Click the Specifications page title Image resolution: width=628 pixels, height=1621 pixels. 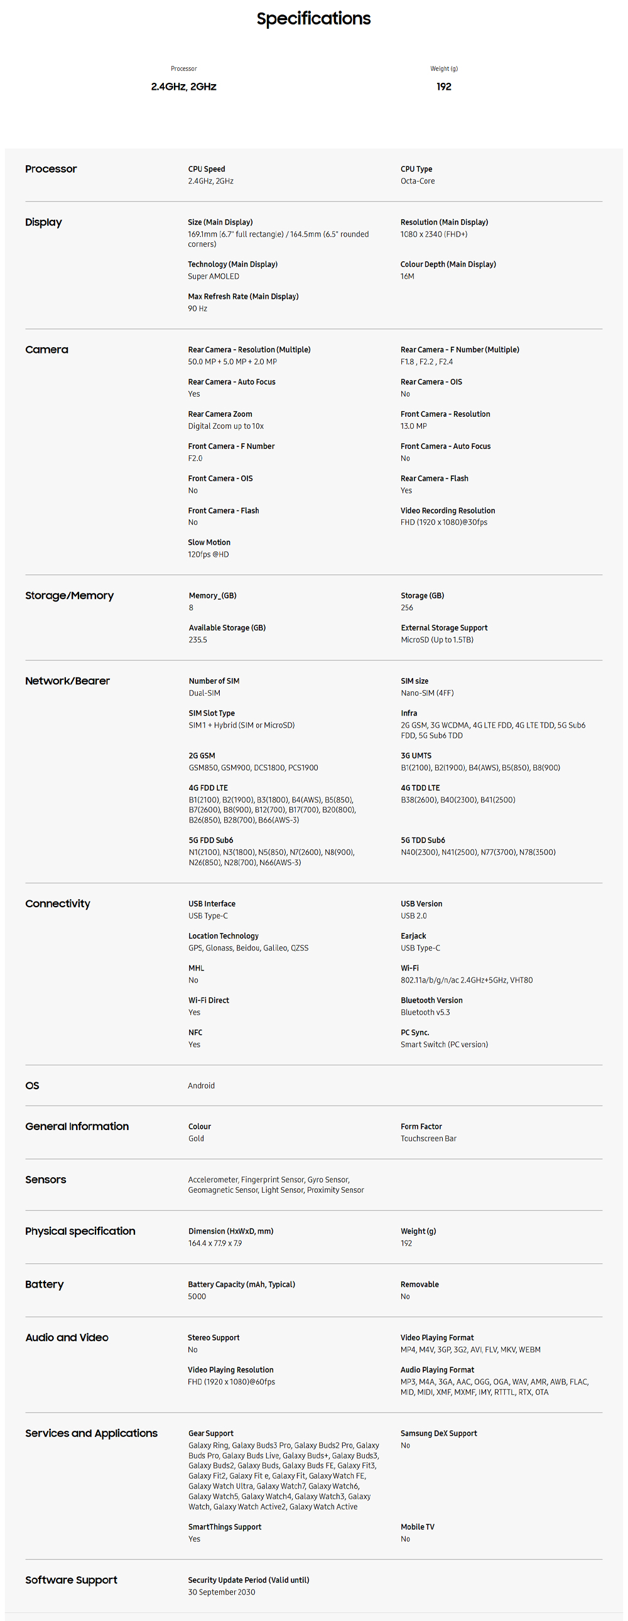313,19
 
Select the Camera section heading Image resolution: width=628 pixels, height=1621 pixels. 46,350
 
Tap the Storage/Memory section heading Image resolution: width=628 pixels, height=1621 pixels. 69,596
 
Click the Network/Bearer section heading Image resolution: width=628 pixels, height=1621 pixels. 67,681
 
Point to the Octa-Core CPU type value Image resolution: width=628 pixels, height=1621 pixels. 417,181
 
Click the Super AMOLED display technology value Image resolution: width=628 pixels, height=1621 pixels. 214,276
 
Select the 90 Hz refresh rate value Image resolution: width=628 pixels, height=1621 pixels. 197,308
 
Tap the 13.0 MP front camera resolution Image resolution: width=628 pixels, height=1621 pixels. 413,426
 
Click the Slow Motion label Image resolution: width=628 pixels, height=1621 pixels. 209,542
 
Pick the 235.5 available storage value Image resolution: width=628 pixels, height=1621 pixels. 198,640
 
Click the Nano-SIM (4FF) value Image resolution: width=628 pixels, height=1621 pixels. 426,693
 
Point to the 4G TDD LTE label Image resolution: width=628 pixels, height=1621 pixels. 420,788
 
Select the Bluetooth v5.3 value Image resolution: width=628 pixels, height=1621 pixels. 425,1013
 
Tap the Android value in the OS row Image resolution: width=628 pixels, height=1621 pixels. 201,1085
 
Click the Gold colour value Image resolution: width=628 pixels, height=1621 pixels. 196,1138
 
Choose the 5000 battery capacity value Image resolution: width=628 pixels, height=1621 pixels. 197,1296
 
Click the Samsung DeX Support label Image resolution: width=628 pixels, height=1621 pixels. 438,1433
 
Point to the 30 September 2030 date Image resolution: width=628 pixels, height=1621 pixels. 221,1592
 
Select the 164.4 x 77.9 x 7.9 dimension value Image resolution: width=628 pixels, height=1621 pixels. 215,1244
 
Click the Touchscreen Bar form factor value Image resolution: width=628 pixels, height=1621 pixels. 428,1138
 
